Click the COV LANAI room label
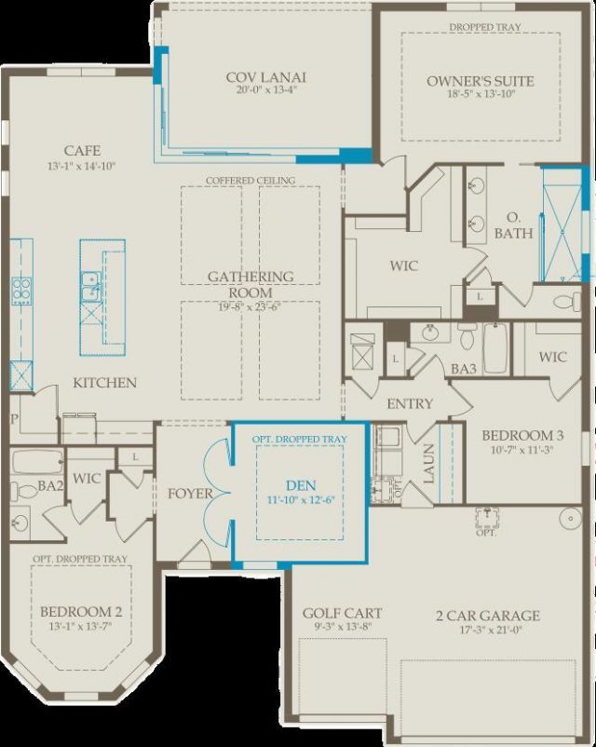tap(265, 77)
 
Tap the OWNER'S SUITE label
tap(481, 81)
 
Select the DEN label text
tap(299, 484)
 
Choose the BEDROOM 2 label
tap(81, 612)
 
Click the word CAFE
tap(82, 151)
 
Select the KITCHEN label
tap(105, 383)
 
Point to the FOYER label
tap(190, 494)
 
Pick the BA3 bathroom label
tap(464, 370)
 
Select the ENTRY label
tap(410, 403)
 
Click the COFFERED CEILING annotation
tap(251, 180)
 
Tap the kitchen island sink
tap(90, 286)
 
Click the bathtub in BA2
tap(37, 462)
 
